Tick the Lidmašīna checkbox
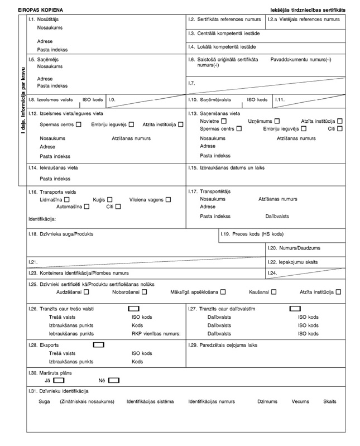click(67, 199)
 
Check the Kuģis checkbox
click(110, 199)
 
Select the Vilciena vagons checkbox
click(168, 199)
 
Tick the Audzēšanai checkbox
click(87, 291)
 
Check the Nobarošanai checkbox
click(145, 291)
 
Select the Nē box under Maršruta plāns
click(113, 380)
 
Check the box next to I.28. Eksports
click(99, 344)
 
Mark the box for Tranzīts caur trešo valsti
click(133, 309)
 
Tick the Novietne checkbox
click(224, 121)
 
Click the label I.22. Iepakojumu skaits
click(293, 261)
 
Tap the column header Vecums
click(300, 401)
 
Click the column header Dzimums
click(267, 401)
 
